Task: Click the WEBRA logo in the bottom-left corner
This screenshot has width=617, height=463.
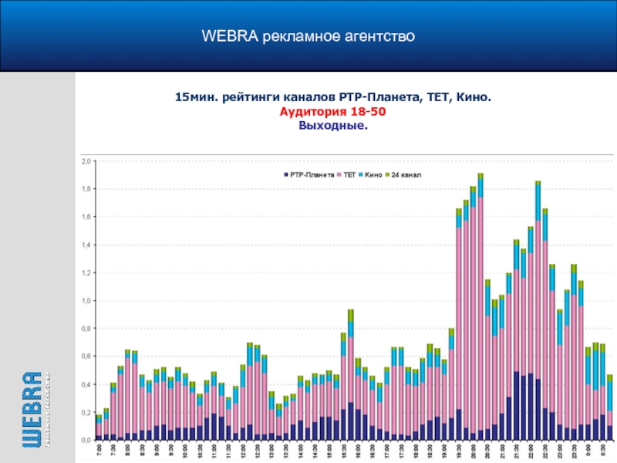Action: point(32,409)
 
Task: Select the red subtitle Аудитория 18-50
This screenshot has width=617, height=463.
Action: point(333,112)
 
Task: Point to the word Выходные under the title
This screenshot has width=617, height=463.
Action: point(333,125)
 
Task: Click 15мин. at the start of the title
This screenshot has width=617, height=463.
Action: point(194,98)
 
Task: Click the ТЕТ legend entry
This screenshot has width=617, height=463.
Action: point(349,175)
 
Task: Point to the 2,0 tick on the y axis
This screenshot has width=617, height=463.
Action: point(86,161)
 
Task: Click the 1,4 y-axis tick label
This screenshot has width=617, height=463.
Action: point(86,245)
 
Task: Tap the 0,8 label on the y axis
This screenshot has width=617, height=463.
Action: point(86,329)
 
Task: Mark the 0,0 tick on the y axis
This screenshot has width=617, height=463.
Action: point(86,440)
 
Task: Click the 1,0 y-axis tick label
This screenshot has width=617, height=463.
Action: point(86,301)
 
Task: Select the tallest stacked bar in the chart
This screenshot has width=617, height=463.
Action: point(480,309)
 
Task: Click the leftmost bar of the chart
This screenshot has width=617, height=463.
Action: point(99,428)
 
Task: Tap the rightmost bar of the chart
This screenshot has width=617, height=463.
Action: point(609,409)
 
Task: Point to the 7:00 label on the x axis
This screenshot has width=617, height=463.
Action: point(99,449)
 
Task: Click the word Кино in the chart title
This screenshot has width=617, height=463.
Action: point(473,98)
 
